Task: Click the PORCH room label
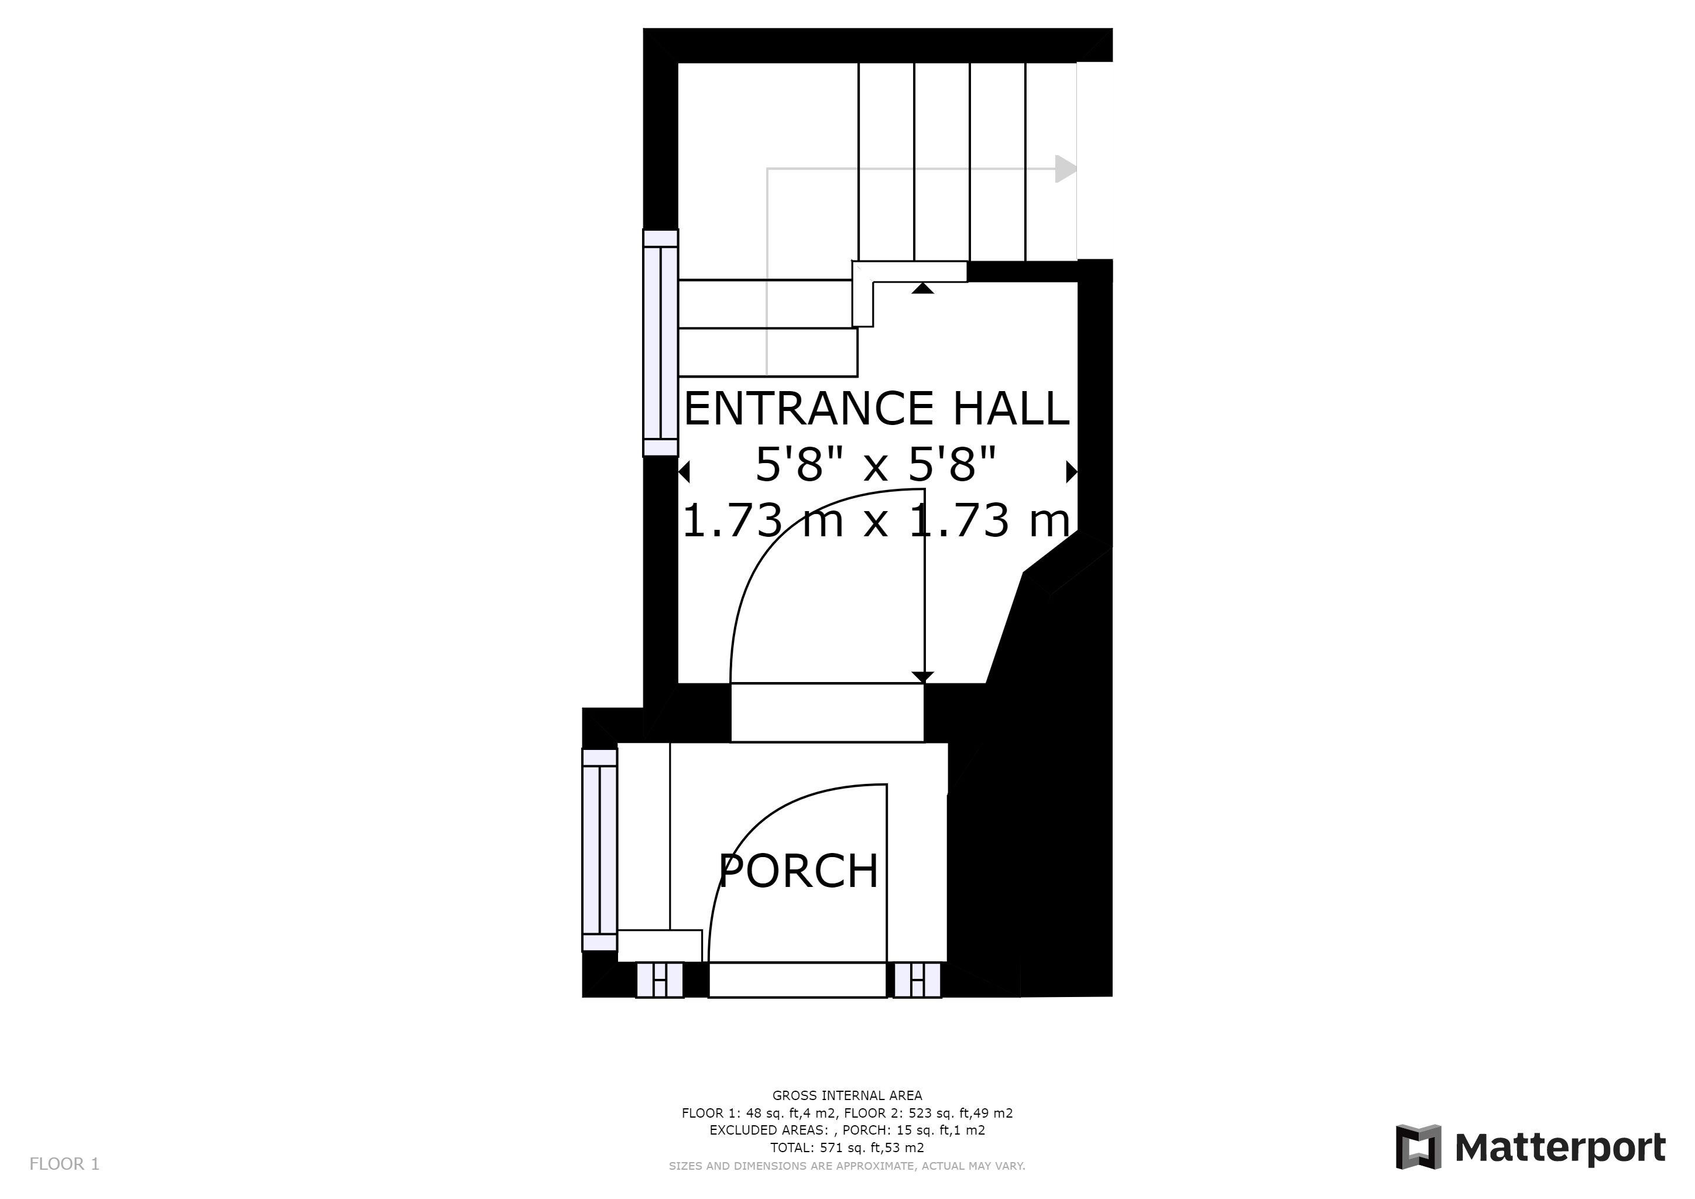point(798,871)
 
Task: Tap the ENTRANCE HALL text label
point(876,408)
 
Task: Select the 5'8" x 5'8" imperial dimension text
point(876,464)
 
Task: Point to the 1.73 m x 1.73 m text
point(876,520)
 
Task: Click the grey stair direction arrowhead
point(1065,169)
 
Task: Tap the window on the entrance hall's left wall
point(661,342)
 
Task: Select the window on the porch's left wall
point(599,850)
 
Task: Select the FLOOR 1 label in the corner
point(64,1164)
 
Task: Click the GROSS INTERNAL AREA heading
point(847,1095)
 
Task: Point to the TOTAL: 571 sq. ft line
point(847,1147)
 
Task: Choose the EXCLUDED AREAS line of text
point(847,1131)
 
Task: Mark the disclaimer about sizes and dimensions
point(847,1166)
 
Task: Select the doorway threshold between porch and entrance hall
point(827,712)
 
